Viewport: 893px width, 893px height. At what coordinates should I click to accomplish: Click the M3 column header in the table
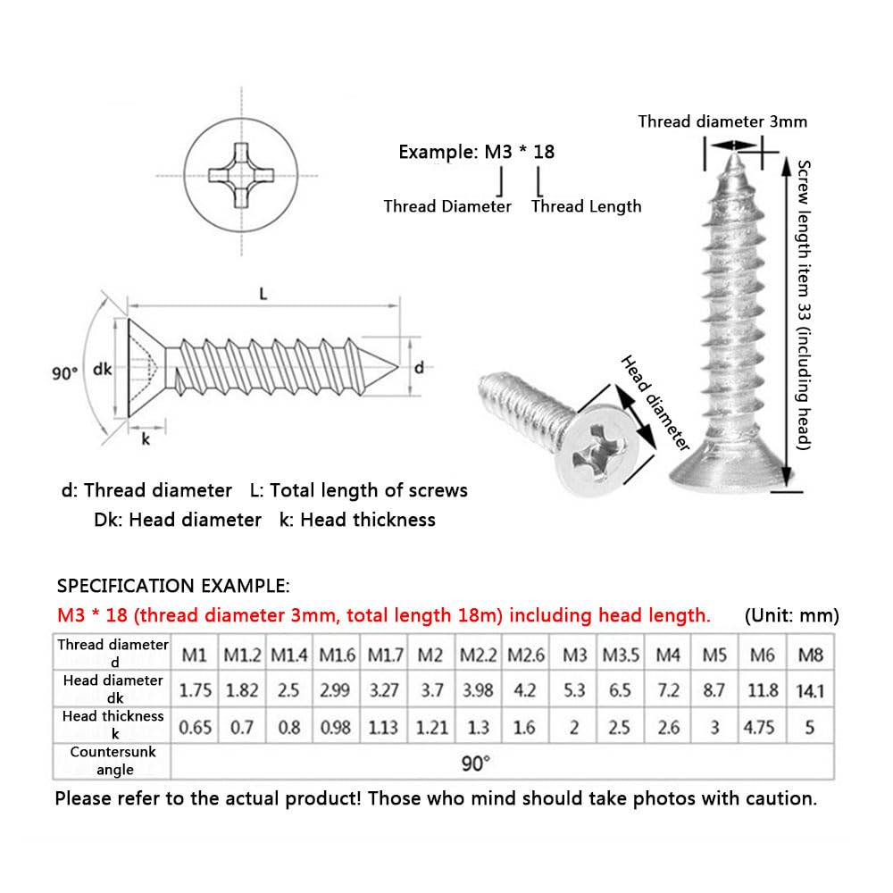point(575,655)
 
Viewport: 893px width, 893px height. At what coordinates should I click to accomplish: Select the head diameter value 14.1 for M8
point(810,690)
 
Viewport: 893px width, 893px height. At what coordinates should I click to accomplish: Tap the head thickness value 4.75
point(759,727)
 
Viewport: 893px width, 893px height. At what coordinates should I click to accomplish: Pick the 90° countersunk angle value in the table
point(476,764)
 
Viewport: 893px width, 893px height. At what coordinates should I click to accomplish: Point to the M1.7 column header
point(385,655)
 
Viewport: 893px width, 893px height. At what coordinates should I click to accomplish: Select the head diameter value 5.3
point(575,690)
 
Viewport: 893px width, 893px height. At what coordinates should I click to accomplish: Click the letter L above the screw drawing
point(264,294)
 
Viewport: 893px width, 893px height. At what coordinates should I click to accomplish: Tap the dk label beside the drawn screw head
point(103,369)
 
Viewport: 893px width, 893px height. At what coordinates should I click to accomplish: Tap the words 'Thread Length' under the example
point(586,206)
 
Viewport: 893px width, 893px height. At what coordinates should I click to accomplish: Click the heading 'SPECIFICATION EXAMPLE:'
point(173,586)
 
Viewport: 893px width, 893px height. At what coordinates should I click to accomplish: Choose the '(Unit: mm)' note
point(790,615)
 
